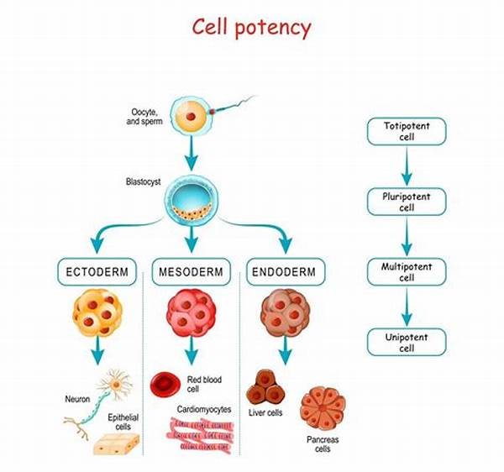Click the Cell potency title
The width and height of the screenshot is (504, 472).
[252, 28]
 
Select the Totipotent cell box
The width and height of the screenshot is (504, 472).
[407, 131]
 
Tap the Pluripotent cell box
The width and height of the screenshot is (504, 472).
[407, 202]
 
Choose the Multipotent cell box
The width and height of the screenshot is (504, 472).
[407, 272]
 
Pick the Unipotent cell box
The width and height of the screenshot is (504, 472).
[407, 342]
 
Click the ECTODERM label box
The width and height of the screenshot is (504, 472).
[97, 272]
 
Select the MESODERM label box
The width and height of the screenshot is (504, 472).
[192, 272]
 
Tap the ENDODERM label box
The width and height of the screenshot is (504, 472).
[286, 272]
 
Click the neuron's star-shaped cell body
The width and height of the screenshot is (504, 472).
[115, 385]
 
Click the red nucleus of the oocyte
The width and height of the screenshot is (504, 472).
[191, 116]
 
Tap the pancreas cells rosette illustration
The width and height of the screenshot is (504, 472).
[323, 408]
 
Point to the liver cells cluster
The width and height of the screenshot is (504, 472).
[265, 387]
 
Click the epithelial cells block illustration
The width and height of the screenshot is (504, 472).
[117, 444]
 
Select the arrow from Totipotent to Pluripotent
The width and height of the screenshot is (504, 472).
[407, 166]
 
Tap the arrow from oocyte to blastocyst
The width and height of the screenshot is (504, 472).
[192, 153]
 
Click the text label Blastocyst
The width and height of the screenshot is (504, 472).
[143, 182]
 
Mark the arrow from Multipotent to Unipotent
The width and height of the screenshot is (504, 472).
[407, 307]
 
